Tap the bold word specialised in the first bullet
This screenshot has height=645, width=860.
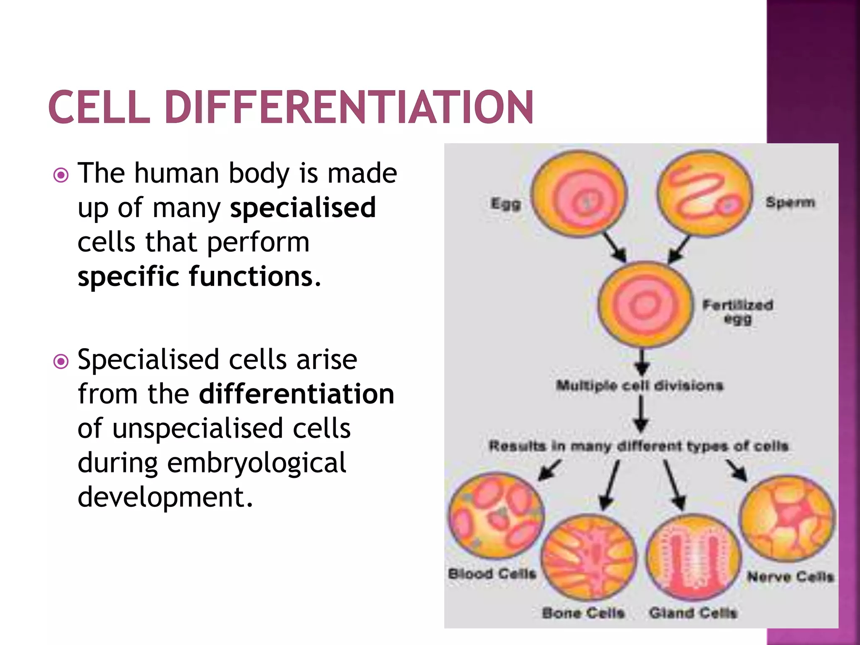[x=303, y=207]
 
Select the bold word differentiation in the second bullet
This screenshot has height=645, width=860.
[x=296, y=394]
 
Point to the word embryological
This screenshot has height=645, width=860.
[x=257, y=463]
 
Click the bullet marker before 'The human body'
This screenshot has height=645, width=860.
[x=61, y=175]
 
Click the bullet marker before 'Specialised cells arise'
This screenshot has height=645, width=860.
[x=61, y=361]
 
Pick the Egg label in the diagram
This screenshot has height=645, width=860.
[x=506, y=204]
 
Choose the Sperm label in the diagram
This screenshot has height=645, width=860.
[x=790, y=202]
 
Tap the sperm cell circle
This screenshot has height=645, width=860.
[x=705, y=193]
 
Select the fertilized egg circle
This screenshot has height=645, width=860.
[x=644, y=304]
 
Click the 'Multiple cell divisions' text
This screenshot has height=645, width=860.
[x=640, y=385]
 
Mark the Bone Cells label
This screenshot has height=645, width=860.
[x=583, y=613]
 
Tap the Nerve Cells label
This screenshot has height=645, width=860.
[x=790, y=577]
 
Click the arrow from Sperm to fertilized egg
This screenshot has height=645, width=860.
[x=679, y=249]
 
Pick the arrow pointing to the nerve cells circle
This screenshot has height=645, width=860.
[x=737, y=470]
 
